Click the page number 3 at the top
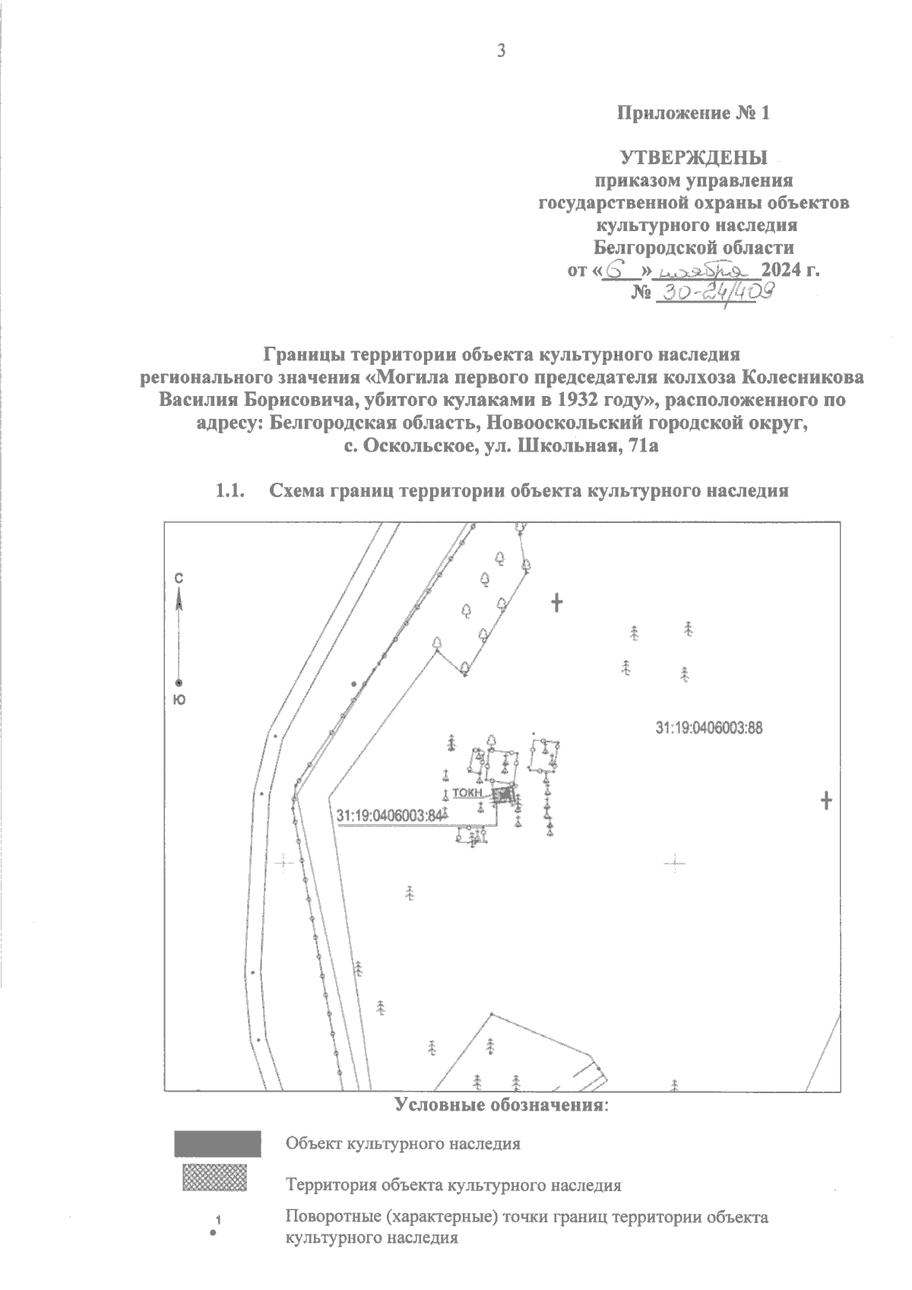499,51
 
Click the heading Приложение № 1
693,114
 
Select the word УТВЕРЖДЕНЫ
693,158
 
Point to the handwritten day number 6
622,271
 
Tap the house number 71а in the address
638,447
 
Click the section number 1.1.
230,491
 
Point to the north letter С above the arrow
179,578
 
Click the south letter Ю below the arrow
179,700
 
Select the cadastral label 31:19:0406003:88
708,727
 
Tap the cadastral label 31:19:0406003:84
388,816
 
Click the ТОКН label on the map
467,792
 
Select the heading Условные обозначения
502,1104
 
